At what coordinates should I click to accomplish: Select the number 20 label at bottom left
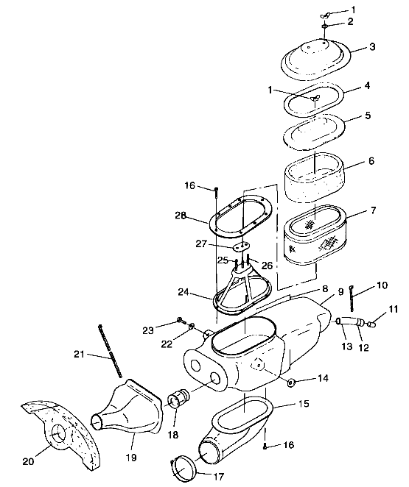[x=27, y=461]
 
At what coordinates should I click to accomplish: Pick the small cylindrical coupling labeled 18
[x=178, y=402]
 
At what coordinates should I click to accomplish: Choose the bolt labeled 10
[x=353, y=301]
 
